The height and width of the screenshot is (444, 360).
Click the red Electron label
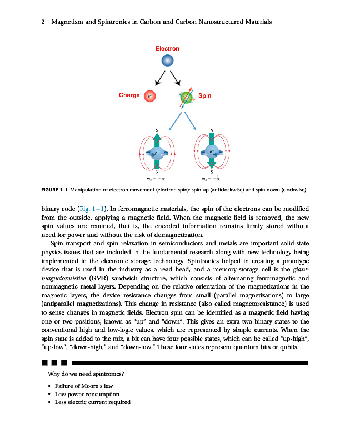(x=167, y=49)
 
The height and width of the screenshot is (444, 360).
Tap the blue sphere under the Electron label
(x=168, y=60)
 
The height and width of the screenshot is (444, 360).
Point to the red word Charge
(x=129, y=95)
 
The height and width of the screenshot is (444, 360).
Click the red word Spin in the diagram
(x=204, y=96)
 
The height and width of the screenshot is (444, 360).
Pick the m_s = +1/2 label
(x=157, y=179)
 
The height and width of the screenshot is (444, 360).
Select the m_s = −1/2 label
(x=211, y=179)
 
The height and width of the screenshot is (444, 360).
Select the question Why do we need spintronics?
(x=82, y=374)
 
